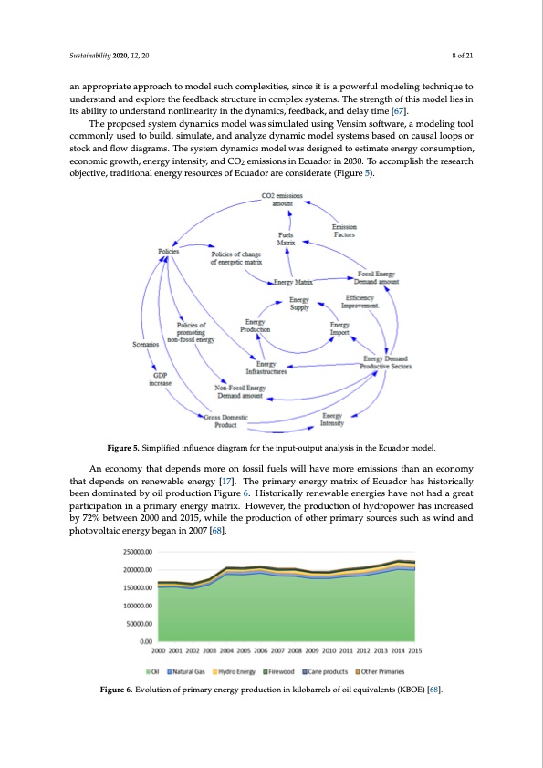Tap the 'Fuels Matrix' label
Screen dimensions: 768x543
click(x=286, y=239)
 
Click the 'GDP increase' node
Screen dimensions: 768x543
click(x=159, y=379)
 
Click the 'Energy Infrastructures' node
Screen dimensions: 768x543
click(x=266, y=368)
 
